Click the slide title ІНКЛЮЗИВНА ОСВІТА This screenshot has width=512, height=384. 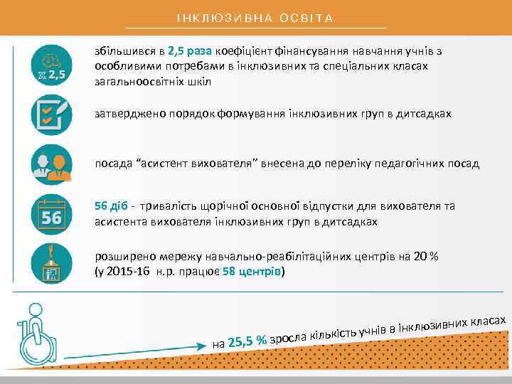[x=255, y=17]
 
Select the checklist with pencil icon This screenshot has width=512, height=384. [x=51, y=114]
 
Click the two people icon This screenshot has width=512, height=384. [x=51, y=164]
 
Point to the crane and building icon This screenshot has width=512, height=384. [x=51, y=261]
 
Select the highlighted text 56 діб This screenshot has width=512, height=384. [x=111, y=206]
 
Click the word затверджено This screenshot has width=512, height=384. [x=124, y=114]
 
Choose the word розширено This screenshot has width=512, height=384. [x=120, y=257]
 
